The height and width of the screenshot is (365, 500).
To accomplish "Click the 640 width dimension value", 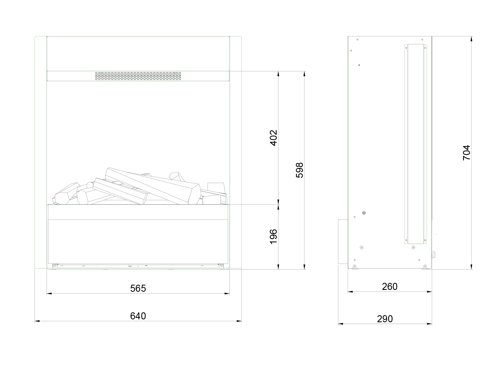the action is (x=138, y=316).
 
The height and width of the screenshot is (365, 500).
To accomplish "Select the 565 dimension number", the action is (x=138, y=288).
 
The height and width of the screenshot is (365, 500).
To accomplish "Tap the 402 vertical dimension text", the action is (x=273, y=138).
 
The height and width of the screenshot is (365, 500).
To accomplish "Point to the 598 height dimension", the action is (x=300, y=170).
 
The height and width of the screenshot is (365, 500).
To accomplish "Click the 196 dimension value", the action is (x=273, y=237).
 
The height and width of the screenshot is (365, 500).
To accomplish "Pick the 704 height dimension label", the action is (x=466, y=153).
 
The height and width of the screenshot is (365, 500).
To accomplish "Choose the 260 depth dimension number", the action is (x=390, y=287).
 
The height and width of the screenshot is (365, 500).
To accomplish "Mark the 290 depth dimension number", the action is (x=385, y=319).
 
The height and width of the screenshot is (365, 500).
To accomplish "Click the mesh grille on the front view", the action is (x=138, y=76).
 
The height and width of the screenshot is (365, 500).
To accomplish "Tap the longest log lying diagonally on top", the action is (x=152, y=185).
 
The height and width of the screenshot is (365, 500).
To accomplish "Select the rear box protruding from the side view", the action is (x=343, y=241).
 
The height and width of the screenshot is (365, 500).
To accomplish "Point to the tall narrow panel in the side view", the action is (x=416, y=144).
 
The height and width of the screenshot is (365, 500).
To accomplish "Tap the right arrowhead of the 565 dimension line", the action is (x=227, y=294).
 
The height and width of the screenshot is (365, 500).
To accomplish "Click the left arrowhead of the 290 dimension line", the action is (x=341, y=324).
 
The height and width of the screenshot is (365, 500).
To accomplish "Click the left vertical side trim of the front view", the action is (x=41, y=152).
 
